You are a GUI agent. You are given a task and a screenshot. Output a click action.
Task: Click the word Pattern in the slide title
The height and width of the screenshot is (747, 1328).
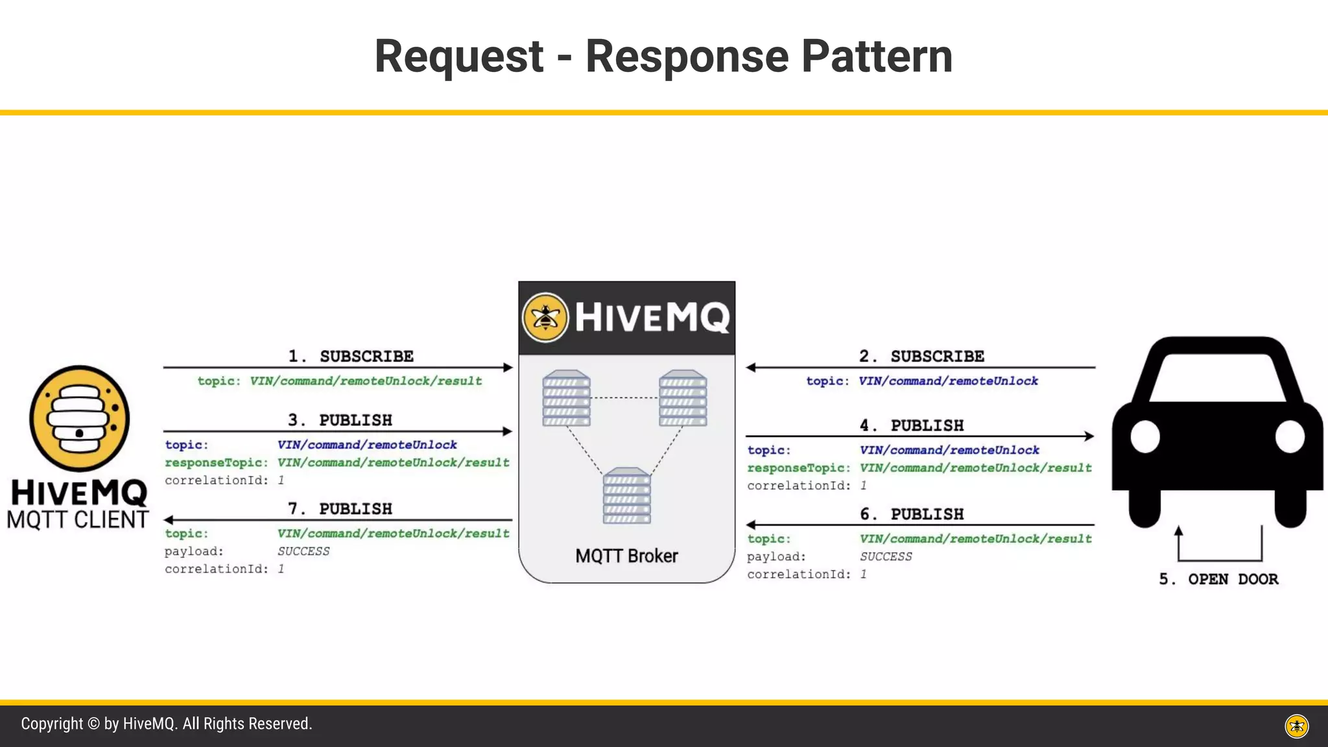877,56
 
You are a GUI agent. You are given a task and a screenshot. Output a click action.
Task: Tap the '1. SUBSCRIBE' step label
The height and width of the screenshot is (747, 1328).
351,356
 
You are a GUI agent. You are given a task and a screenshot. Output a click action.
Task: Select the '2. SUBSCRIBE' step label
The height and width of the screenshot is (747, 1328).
921,356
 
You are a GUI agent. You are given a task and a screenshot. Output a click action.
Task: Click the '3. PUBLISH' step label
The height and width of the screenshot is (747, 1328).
340,420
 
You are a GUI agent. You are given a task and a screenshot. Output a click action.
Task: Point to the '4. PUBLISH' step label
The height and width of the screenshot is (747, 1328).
912,425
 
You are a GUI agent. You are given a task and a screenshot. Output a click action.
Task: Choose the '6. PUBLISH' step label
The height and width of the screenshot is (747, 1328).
912,514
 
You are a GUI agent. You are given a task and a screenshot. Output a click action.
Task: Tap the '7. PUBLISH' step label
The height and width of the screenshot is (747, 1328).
340,509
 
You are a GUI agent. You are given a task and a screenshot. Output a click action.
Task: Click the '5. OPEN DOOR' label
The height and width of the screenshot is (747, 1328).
1218,579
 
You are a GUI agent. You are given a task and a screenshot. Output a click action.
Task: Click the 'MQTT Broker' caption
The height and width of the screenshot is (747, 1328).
626,556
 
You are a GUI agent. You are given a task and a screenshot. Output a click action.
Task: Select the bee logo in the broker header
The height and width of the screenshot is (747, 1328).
545,317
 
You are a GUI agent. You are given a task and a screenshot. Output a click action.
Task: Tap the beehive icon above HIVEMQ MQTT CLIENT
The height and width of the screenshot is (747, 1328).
79,418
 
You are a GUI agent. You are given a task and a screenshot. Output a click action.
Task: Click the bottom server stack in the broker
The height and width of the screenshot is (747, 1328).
626,495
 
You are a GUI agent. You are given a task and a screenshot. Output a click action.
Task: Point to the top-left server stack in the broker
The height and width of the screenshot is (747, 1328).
567,398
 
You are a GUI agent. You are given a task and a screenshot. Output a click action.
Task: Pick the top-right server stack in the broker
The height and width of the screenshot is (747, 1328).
683,398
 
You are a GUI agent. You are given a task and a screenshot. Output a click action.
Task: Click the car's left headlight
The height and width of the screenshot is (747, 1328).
1145,437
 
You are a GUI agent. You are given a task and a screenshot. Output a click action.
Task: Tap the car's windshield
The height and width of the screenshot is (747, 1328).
1217,377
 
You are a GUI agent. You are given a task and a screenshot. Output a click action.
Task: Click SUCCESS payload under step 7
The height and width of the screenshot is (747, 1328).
303,551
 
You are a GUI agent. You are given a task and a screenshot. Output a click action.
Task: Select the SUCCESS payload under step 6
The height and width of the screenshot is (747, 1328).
886,556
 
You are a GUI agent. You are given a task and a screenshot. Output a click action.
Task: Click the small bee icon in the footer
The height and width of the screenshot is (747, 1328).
1297,726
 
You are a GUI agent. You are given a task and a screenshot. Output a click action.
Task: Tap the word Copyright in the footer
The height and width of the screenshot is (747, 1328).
52,724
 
